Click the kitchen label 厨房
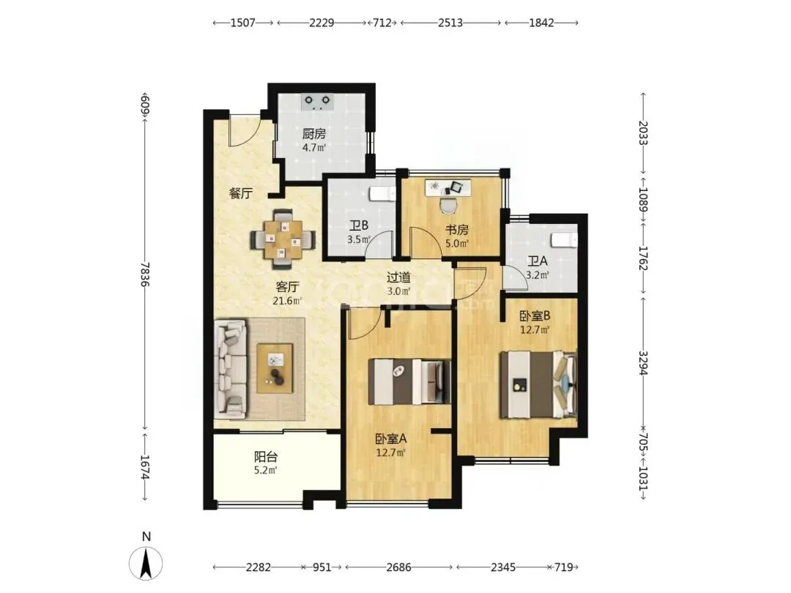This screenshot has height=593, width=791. pos(313,134)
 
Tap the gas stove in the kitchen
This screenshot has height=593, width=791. pos(317,102)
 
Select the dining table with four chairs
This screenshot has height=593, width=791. pos(283,239)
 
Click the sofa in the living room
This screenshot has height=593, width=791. pos(231,369)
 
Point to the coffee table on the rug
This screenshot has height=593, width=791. pos(275,368)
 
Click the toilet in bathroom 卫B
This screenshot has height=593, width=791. pos(382,193)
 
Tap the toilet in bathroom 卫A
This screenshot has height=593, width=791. pos(564,240)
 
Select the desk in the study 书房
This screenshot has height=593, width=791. pos(448,187)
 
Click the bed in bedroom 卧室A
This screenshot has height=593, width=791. pos(409,381)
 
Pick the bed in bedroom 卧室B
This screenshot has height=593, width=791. pos(538,385)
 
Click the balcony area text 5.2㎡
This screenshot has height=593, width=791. pos(265,471)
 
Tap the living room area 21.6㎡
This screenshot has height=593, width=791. pos(287,301)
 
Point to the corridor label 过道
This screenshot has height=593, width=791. pos(398,277)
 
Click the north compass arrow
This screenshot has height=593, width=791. pos(146,563)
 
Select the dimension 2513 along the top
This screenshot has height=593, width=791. pos(450,23)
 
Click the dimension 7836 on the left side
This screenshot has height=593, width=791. pos(145,275)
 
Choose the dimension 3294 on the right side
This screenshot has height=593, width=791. pos(643,363)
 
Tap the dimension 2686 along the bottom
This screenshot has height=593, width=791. pos(398,567)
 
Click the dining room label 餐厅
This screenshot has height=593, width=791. pos(241,193)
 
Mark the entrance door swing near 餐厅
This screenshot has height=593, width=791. pos(243,130)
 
